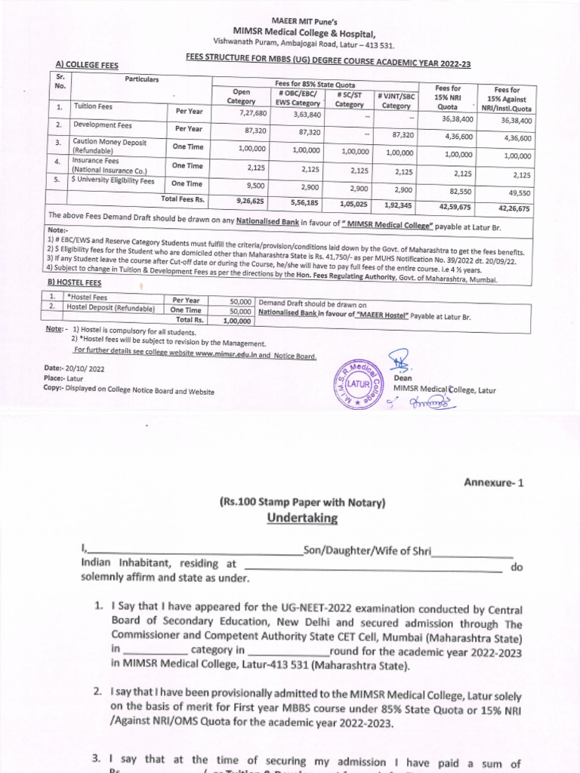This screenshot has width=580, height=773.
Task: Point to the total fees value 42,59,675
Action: (456, 207)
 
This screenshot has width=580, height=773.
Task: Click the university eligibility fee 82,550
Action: (458, 192)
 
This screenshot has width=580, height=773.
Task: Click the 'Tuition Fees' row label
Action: (92, 107)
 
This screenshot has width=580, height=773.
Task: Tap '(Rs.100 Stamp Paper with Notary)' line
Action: (302, 502)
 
